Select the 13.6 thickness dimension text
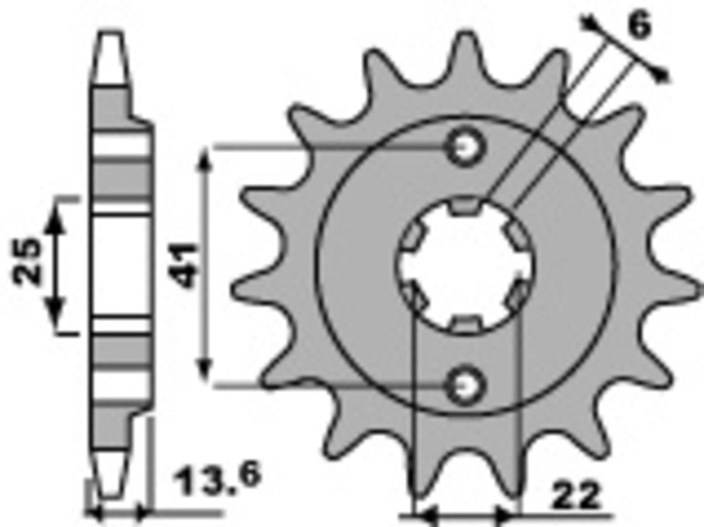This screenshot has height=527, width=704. pyautogui.click(x=207, y=481)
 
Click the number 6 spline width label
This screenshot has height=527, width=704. pyautogui.click(x=640, y=26)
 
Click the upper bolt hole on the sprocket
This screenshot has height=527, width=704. pyautogui.click(x=465, y=147)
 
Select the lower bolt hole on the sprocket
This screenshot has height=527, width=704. pyautogui.click(x=465, y=384)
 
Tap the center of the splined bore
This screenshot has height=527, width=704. pyautogui.click(x=466, y=265)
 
